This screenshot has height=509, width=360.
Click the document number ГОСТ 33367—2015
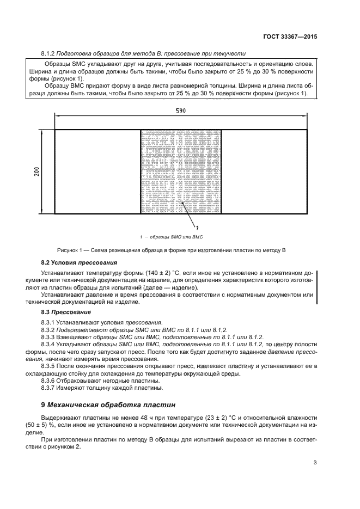point(290,37)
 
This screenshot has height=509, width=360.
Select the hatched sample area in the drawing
point(181,171)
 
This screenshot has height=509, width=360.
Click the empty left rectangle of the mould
point(97,171)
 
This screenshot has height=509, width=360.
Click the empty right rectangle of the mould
point(265,171)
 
